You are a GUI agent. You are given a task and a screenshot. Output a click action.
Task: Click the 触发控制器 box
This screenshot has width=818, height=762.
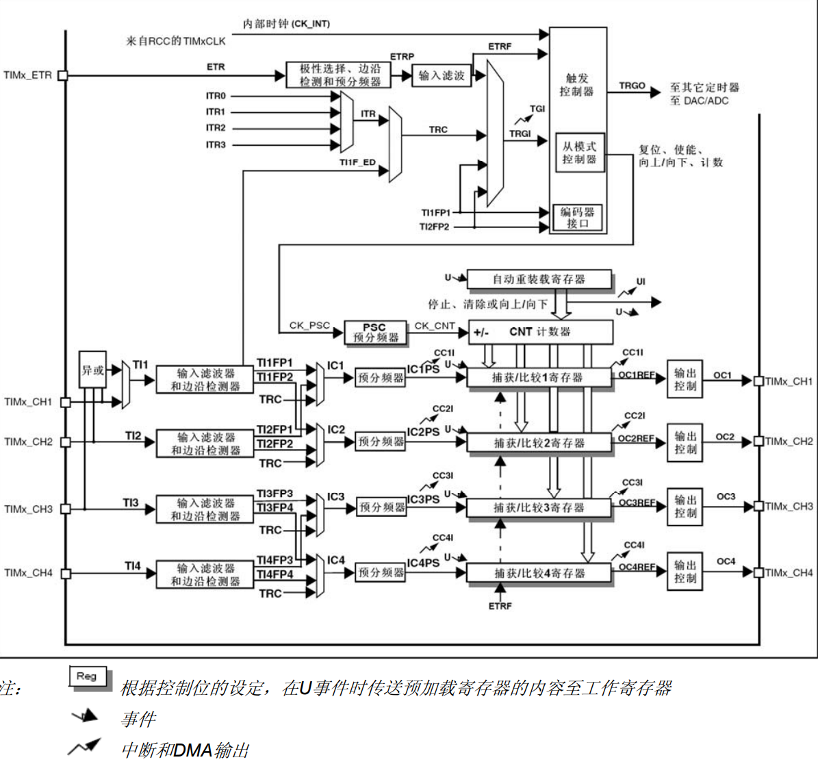click(x=577, y=85)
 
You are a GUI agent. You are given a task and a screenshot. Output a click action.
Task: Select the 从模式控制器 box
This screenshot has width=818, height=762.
click(x=579, y=153)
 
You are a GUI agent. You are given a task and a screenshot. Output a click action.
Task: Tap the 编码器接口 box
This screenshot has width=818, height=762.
click(x=578, y=218)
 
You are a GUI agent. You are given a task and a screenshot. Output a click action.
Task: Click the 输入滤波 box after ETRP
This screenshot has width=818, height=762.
click(x=441, y=75)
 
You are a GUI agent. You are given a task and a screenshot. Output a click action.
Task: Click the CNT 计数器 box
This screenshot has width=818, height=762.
click(x=540, y=332)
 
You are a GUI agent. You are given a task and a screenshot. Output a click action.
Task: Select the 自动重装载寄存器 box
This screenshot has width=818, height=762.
click(x=539, y=279)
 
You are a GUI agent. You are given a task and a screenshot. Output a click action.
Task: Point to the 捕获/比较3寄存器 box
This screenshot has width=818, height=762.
click(x=539, y=508)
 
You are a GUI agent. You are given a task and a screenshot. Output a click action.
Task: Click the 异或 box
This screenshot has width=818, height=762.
click(x=92, y=370)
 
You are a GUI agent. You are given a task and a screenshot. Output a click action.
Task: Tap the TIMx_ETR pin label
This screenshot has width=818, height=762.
click(x=27, y=75)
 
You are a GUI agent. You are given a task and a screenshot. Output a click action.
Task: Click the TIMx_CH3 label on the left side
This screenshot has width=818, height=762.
click(x=28, y=509)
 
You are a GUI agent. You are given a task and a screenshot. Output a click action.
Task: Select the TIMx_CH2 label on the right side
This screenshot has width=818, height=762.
click(x=789, y=442)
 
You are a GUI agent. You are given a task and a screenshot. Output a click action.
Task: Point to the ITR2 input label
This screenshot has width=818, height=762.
click(x=216, y=128)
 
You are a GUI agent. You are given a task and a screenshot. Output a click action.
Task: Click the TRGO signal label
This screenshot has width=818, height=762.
click(x=632, y=86)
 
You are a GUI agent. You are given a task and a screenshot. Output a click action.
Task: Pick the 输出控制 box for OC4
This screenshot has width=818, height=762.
click(x=685, y=572)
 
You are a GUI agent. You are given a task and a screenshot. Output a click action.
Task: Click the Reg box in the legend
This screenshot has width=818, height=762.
click(x=87, y=676)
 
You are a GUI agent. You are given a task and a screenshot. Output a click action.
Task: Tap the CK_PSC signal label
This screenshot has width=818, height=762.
click(x=309, y=326)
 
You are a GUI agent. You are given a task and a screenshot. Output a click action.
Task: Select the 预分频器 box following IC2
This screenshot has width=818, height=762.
click(x=381, y=442)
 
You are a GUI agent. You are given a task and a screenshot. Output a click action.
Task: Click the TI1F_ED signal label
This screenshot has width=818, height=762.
click(x=357, y=162)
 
